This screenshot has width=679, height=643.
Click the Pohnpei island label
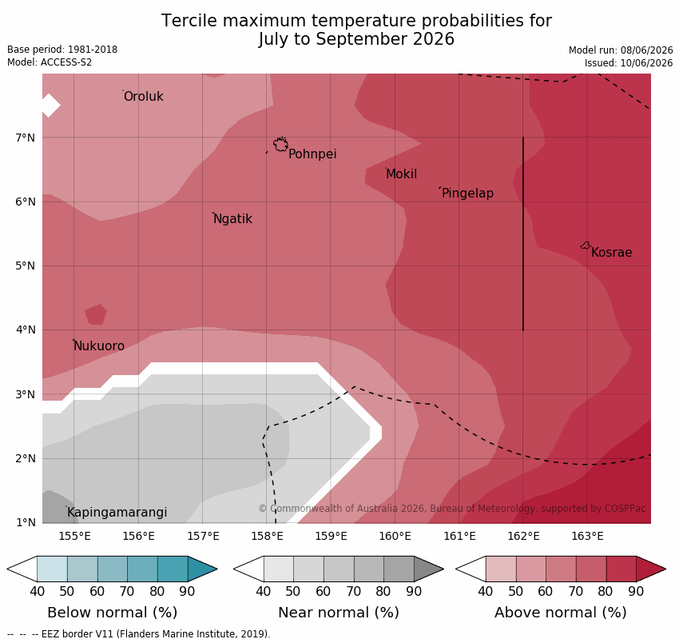312,154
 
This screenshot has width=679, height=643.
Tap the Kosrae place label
611,253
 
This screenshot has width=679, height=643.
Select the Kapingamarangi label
117,513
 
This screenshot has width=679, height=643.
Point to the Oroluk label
143,96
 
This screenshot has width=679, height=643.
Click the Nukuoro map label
99,346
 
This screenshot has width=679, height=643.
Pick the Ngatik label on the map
233,219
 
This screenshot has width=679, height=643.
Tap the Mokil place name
402,174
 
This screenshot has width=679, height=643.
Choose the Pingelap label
467,194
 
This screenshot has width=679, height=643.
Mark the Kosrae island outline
585,246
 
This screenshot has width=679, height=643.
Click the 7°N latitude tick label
25,138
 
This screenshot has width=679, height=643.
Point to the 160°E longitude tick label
395,537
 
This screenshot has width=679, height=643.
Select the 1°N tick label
26,522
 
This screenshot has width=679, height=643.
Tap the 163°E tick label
587,537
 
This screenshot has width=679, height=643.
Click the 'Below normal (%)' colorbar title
112,613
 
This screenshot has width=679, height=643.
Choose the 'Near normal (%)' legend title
339,613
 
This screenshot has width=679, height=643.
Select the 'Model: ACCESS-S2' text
50,62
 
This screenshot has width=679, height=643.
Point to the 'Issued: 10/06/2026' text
629,63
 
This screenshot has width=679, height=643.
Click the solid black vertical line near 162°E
523,234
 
